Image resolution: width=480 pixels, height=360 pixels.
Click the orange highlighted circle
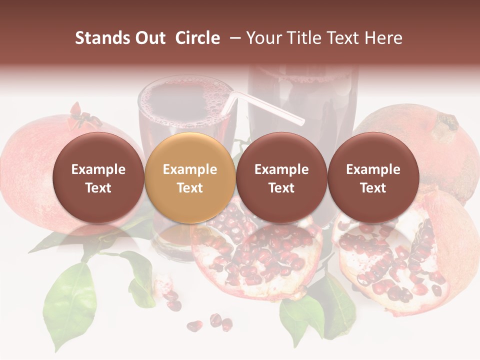coord(190,178)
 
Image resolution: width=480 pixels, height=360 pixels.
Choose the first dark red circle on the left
coord(98,178)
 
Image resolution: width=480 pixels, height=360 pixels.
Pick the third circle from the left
coord(281,178)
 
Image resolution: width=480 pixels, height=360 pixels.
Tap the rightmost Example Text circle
coord(373,178)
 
